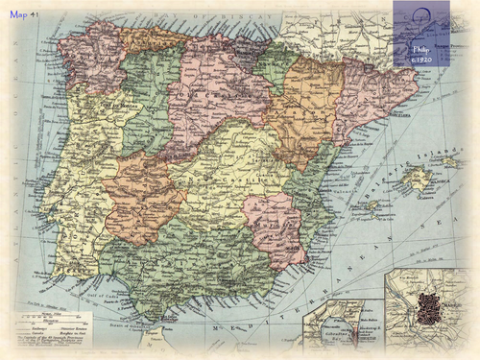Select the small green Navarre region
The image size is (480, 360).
[x=275, y=67]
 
